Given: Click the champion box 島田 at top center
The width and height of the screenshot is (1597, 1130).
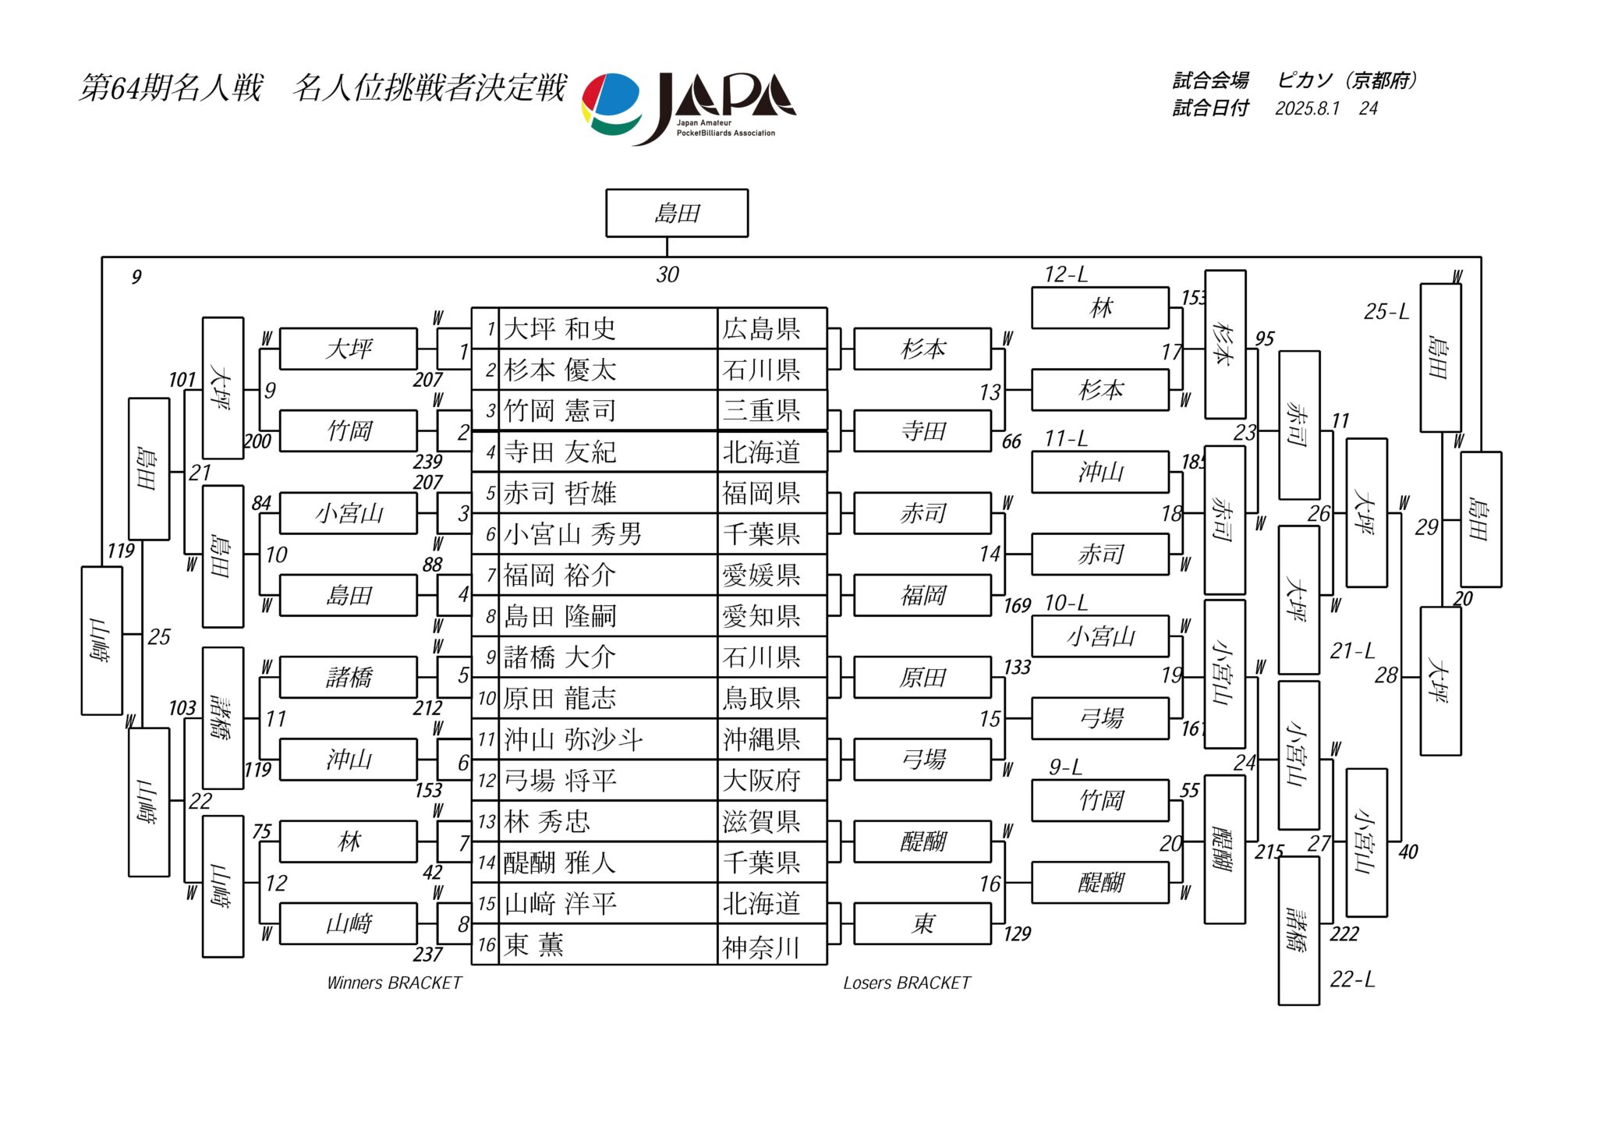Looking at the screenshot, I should [x=676, y=213].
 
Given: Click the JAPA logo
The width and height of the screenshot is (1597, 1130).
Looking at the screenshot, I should [x=689, y=107].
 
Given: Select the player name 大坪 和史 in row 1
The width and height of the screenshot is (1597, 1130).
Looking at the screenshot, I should [x=560, y=329].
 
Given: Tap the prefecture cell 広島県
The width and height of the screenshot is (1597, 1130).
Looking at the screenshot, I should [x=761, y=329].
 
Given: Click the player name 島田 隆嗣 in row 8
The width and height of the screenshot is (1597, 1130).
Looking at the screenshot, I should [x=560, y=617].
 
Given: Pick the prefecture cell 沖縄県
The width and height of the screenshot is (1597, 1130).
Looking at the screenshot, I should [x=761, y=739].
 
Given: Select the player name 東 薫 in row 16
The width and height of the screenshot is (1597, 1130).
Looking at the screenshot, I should [x=533, y=945].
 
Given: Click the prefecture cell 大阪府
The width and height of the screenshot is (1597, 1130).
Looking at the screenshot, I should [x=761, y=781].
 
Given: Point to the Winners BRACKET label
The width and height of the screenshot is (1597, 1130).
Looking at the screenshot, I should [x=394, y=983].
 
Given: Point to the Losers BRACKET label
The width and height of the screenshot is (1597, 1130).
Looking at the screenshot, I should [x=906, y=983].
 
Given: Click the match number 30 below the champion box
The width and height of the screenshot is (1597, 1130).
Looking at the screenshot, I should [x=667, y=275].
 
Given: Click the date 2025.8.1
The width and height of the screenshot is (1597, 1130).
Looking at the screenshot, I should [x=1307, y=108].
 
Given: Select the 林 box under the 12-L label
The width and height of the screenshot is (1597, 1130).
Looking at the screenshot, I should [x=1099, y=308].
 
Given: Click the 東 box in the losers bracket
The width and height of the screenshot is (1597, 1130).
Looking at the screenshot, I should [x=922, y=924].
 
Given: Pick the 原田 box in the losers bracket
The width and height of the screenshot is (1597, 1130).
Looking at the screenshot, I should [x=922, y=678].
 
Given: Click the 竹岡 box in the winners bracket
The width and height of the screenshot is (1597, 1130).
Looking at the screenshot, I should [x=349, y=430].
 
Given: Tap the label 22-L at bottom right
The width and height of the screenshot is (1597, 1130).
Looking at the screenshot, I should [x=1352, y=979].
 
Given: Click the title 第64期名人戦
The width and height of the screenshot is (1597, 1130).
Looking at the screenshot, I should [x=171, y=87].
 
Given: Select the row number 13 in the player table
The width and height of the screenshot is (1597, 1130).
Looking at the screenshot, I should [x=487, y=822].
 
